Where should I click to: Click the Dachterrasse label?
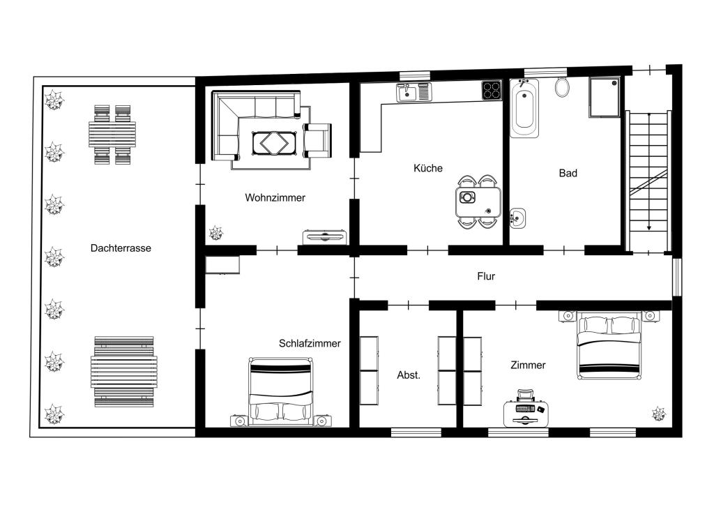(121, 248)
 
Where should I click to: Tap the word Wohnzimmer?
(275, 197)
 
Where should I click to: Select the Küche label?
(428, 168)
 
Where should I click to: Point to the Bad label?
(568, 173)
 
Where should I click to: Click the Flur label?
(486, 276)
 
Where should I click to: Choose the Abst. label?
(409, 375)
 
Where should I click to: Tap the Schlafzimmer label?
(310, 343)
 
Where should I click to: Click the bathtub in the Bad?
(524, 108)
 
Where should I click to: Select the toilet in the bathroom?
(563, 87)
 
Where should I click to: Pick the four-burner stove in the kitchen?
(492, 90)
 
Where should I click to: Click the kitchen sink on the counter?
(413, 93)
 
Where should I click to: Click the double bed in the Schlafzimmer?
(282, 392)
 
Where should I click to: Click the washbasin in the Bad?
(517, 218)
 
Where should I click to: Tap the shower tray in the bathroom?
(605, 97)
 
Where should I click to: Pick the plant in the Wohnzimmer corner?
(216, 233)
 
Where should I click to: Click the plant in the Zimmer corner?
(658, 414)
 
